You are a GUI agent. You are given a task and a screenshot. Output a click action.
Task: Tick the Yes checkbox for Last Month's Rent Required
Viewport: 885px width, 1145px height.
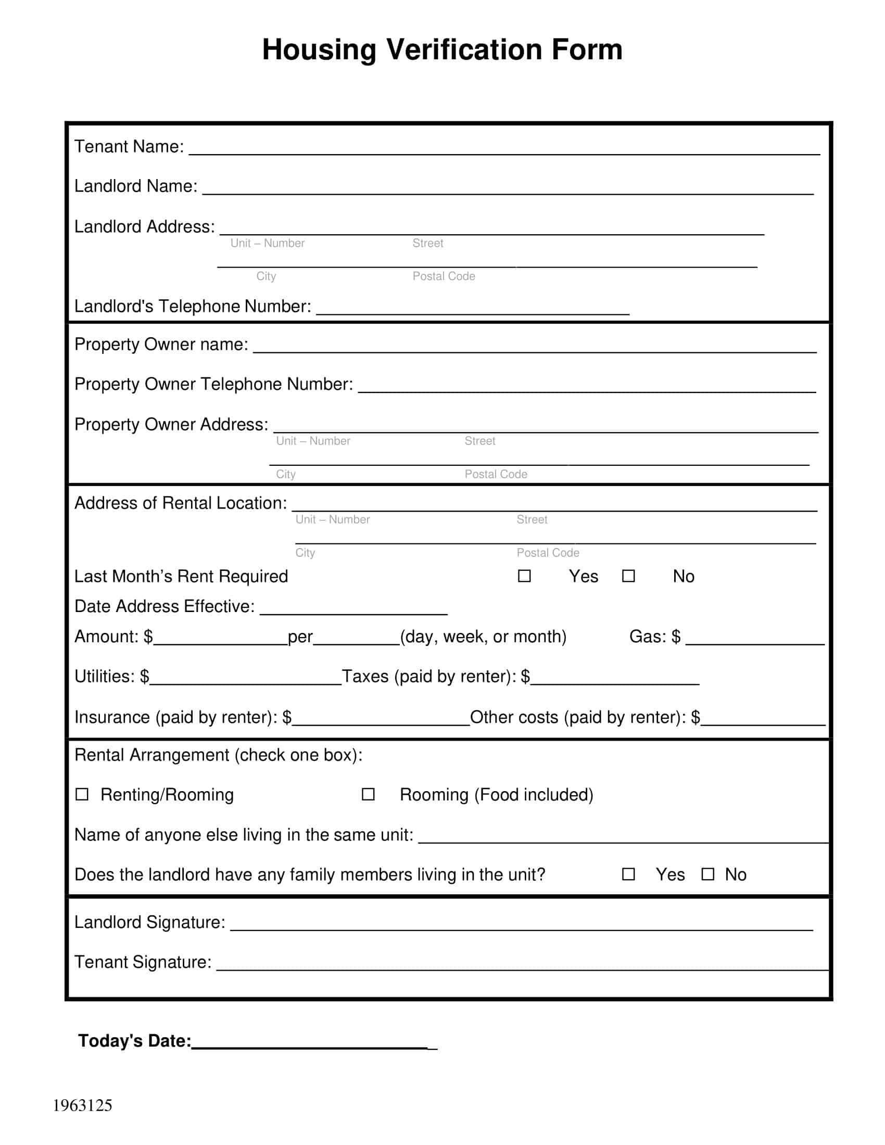524,576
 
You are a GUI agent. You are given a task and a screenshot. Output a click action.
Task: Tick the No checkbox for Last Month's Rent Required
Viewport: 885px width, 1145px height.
628,576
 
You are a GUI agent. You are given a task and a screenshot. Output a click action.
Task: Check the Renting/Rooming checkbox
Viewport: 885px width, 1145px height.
82,794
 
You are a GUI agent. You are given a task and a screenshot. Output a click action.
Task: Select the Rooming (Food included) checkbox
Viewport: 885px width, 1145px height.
368,794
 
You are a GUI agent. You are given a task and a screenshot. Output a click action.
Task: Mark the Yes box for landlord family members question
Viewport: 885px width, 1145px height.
628,874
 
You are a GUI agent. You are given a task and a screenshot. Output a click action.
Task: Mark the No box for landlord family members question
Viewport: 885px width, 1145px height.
708,874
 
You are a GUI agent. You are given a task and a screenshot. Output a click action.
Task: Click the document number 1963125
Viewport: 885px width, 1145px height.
82,1105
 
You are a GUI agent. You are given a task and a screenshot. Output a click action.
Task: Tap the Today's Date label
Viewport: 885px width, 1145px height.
134,1041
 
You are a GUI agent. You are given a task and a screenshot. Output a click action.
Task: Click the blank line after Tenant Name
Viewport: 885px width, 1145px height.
503,149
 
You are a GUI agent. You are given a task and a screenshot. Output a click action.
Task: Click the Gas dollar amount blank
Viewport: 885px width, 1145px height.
755,640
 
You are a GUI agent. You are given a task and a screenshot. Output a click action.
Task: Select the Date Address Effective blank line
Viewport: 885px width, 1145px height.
354,609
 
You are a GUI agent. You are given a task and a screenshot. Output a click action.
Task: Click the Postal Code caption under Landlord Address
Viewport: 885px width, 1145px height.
444,276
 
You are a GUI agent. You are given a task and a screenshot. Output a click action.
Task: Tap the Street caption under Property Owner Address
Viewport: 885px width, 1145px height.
480,441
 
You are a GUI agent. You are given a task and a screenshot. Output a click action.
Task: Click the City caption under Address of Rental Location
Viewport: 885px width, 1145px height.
305,553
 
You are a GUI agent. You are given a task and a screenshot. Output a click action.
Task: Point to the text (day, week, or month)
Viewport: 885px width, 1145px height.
483,637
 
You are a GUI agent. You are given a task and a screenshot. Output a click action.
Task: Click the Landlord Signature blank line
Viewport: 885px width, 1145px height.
522,925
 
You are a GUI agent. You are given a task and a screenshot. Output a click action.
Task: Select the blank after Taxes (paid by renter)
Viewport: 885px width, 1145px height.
614,679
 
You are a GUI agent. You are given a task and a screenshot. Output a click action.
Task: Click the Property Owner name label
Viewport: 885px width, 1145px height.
161,345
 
